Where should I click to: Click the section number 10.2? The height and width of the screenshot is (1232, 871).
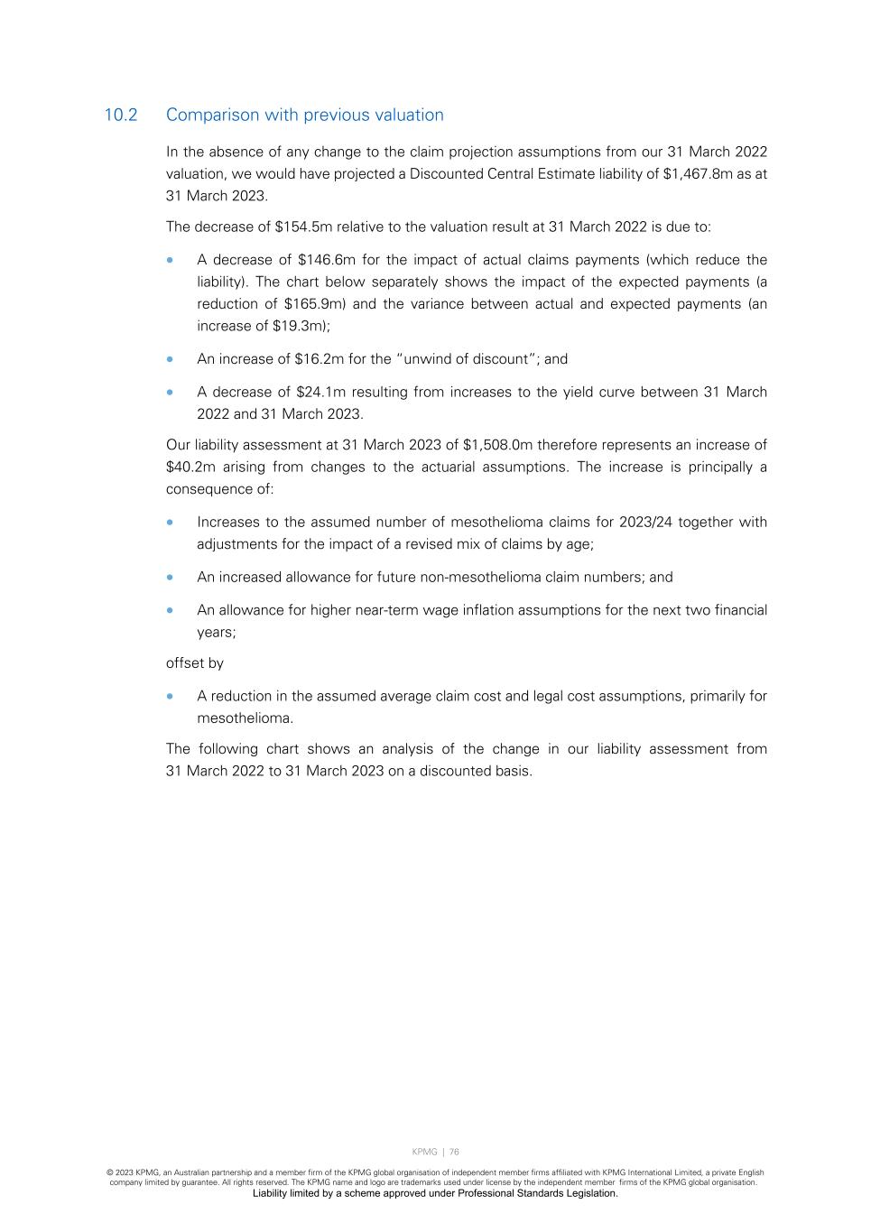tap(121, 115)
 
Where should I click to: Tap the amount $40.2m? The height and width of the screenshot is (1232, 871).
tap(190, 467)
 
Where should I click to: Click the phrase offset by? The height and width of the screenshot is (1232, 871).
tap(195, 662)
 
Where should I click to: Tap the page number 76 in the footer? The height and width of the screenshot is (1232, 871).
tap(454, 1152)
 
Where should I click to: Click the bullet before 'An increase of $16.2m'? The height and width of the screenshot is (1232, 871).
tap(171, 359)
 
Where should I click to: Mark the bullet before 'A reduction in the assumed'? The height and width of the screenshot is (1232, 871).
tap(171, 696)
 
